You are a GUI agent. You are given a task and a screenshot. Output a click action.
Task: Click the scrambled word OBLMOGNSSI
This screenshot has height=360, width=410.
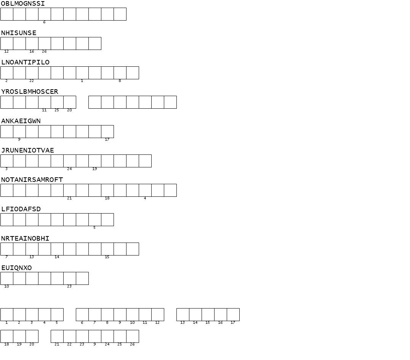[x=23, y=4]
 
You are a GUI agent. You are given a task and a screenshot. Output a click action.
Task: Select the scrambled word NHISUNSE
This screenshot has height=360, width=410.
[x=19, y=33]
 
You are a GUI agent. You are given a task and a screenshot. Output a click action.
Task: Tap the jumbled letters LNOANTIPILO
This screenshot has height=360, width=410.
[x=25, y=63]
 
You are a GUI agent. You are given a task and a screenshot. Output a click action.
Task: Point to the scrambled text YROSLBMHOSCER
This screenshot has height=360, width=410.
[x=30, y=92]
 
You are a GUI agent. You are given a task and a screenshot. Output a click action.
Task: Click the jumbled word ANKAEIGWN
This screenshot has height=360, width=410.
[x=21, y=121]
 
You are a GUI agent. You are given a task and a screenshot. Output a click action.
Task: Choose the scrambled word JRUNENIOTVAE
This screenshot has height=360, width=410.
[x=27, y=151]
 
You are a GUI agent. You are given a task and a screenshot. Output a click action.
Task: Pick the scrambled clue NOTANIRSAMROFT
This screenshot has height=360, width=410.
[x=32, y=180]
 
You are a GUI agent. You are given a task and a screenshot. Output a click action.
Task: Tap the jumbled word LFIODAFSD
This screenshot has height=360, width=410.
[x=21, y=209]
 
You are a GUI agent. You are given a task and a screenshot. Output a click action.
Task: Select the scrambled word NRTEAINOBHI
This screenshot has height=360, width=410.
[x=25, y=239]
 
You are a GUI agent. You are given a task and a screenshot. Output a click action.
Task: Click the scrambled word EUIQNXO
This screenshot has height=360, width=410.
[x=16, y=268]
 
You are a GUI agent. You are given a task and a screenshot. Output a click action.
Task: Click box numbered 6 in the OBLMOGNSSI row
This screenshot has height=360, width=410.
[x=45, y=14]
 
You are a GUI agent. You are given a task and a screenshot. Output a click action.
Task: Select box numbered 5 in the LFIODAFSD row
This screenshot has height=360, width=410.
[x=95, y=220]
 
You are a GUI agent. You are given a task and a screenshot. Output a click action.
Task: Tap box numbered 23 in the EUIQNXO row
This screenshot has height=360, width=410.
[x=70, y=278]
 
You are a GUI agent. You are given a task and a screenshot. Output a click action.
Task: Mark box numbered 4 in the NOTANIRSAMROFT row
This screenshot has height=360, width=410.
[x=145, y=190]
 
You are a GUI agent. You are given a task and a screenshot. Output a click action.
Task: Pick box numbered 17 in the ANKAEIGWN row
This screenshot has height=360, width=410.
[x=107, y=132]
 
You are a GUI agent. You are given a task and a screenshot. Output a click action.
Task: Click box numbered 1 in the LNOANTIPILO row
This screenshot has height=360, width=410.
[x=82, y=73]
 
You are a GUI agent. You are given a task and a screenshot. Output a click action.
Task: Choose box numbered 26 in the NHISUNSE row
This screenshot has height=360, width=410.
[x=45, y=43]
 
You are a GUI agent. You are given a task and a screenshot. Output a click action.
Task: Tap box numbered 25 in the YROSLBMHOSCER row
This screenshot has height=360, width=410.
[x=57, y=102]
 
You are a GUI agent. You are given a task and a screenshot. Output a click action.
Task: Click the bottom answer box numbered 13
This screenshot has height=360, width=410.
[x=183, y=315]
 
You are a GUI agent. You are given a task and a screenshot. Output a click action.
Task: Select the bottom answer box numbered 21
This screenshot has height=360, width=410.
[x=57, y=336]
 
